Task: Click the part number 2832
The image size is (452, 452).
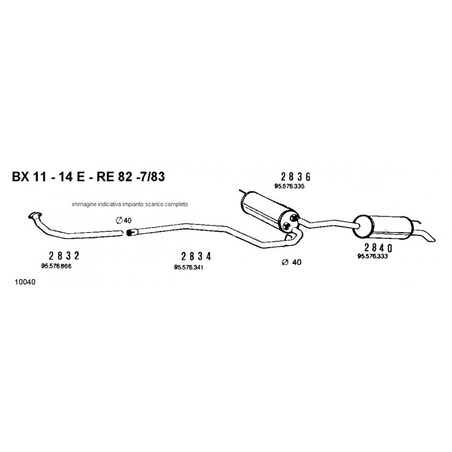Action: coord(64,255)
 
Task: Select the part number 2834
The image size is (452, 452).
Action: coord(196,257)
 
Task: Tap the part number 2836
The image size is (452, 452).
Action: coord(295,177)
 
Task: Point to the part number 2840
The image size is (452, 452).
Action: coord(379,248)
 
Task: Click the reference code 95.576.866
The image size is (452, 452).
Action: coord(56,266)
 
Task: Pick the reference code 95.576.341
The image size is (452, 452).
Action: coord(189,267)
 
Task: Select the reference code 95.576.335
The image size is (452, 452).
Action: coord(289,186)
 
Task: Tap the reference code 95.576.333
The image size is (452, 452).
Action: coord(373,257)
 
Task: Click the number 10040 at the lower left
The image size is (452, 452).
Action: coord(25,282)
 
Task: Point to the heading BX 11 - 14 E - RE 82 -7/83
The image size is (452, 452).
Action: coord(88,176)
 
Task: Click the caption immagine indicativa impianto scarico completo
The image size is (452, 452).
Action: coord(130,204)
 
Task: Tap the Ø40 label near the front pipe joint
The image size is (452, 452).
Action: coord(123,220)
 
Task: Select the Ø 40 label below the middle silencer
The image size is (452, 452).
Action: coord(292,262)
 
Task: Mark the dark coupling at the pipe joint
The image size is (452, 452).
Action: coord(129,232)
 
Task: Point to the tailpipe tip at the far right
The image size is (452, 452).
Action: coord(432,239)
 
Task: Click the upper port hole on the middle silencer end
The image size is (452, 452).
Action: coord(294,218)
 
